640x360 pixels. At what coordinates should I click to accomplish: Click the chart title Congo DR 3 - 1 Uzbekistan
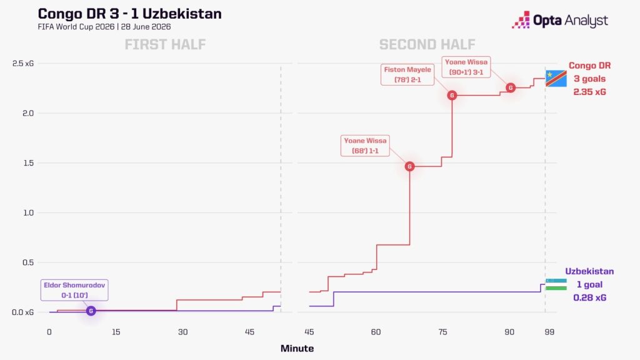130,14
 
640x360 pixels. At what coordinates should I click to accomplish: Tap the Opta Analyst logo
560,20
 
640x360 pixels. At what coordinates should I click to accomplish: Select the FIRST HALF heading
165,44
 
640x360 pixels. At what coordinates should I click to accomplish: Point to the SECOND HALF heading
427,44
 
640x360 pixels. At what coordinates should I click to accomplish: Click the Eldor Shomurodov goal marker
91,311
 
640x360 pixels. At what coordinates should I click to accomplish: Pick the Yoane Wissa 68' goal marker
409,166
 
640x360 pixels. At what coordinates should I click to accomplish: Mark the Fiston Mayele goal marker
452,95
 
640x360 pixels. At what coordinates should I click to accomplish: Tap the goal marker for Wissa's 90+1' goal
510,87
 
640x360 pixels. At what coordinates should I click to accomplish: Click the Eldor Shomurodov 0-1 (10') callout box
74,290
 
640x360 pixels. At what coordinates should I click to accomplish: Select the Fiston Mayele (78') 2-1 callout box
407,75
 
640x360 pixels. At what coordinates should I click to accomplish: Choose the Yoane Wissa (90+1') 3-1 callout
466,67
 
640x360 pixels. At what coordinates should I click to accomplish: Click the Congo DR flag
556,78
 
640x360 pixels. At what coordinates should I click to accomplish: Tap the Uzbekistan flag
556,284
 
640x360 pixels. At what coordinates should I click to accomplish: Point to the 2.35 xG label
589,92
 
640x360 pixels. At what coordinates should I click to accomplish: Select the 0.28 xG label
589,297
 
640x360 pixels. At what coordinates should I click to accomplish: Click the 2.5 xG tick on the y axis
23,63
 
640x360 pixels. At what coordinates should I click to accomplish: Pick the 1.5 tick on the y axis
27,163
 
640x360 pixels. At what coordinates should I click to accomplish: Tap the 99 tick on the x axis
549,332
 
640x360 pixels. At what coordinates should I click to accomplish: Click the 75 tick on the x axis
443,332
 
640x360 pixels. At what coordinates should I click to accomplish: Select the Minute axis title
297,349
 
